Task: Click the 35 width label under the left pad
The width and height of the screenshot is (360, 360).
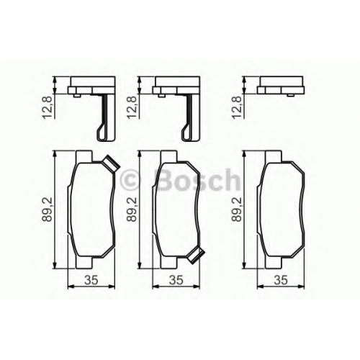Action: (91, 280)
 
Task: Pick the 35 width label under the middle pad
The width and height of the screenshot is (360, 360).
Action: (176, 280)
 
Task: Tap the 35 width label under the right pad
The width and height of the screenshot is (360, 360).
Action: (281, 280)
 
